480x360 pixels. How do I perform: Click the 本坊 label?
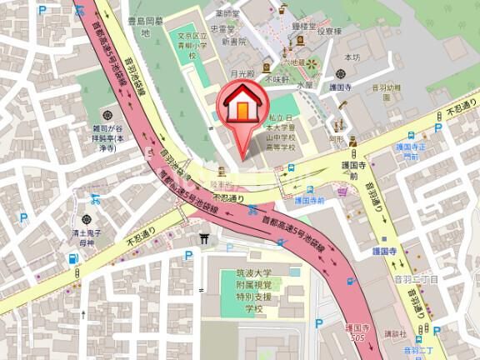click(352, 57)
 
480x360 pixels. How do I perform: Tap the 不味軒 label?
click(277, 80)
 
